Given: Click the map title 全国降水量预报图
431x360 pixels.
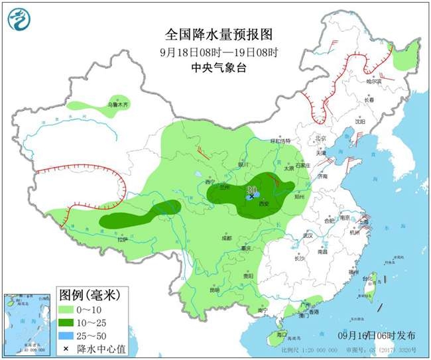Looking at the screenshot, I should click(x=219, y=34).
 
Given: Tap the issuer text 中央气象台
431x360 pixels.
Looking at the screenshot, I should click(x=218, y=67).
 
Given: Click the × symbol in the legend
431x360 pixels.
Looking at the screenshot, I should click(x=68, y=348).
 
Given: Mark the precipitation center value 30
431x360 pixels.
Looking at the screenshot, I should click(x=251, y=190).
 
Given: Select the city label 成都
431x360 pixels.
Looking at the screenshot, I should click(x=227, y=237).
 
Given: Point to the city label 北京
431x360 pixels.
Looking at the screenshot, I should click(x=322, y=139).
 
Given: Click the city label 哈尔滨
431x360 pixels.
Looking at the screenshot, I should click(x=375, y=82).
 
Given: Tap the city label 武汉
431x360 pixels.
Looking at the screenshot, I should click(x=306, y=235).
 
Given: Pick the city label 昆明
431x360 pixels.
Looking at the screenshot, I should click(x=214, y=290).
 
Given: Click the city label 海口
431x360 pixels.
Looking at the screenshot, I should click(x=281, y=334).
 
